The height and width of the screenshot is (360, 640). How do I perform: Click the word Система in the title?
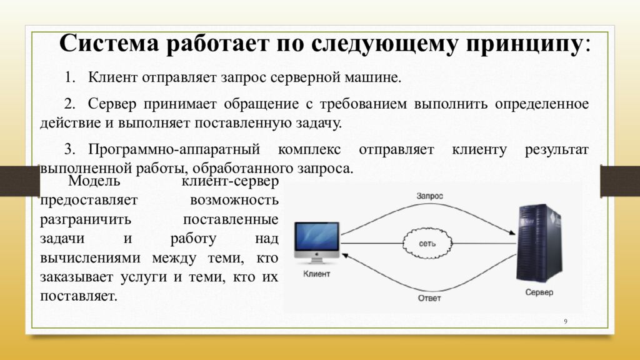tap(109, 42)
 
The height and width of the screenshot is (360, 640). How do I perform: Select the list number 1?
tap(69, 77)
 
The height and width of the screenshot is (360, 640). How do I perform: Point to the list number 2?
tap(69, 104)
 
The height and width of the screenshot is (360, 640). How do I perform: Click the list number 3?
tap(69, 149)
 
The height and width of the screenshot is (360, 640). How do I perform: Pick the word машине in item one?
tap(373, 77)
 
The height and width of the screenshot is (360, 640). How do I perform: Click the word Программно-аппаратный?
tap(174, 150)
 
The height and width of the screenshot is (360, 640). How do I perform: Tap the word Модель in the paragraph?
tap(94, 180)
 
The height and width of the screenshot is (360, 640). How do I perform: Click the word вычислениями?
tap(90, 258)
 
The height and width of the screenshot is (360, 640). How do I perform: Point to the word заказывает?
tap(76, 277)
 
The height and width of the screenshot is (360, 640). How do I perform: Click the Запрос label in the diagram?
tap(429, 196)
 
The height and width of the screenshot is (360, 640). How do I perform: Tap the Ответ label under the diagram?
tap(429, 298)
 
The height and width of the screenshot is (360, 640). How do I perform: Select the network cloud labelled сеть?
tap(427, 244)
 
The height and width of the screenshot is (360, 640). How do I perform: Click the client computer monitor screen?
tap(317, 237)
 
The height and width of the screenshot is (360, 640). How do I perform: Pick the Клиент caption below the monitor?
tap(317, 274)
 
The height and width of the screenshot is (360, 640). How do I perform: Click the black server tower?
tap(539, 244)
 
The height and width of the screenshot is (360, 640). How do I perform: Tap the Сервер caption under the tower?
tap(539, 292)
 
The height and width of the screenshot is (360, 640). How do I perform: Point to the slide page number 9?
tap(566, 322)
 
